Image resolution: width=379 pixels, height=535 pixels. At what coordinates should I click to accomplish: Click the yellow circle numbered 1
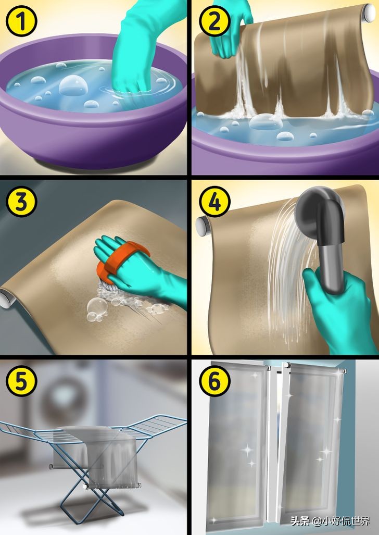point(21,21)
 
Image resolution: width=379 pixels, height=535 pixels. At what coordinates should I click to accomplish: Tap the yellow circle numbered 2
point(214,21)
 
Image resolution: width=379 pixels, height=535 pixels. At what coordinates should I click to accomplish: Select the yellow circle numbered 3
point(21,202)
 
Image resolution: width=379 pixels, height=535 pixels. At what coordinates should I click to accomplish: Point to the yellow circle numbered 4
point(214,202)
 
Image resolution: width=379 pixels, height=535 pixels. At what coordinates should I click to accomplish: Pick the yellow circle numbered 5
point(21,381)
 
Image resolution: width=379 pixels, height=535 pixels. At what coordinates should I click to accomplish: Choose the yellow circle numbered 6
point(214,381)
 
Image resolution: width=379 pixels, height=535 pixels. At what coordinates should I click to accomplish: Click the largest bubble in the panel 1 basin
point(73,85)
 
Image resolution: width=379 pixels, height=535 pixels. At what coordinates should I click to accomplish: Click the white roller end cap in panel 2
point(369,13)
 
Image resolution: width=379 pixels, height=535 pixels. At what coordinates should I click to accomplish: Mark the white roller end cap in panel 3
point(7,299)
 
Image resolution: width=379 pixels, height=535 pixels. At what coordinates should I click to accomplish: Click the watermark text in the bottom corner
point(330,520)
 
